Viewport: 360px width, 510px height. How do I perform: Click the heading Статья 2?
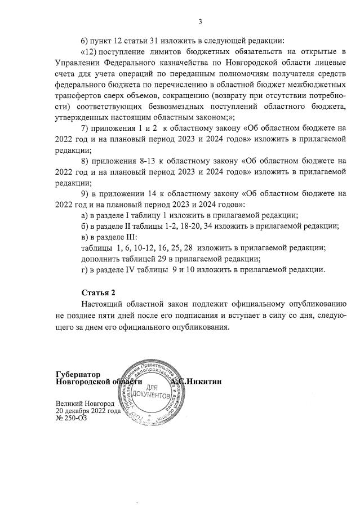pyautogui.click(x=98, y=292)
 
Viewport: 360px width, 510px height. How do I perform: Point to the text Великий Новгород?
pyautogui.click(x=85, y=404)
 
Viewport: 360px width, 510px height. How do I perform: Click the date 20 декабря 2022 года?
pyautogui.click(x=88, y=411)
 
